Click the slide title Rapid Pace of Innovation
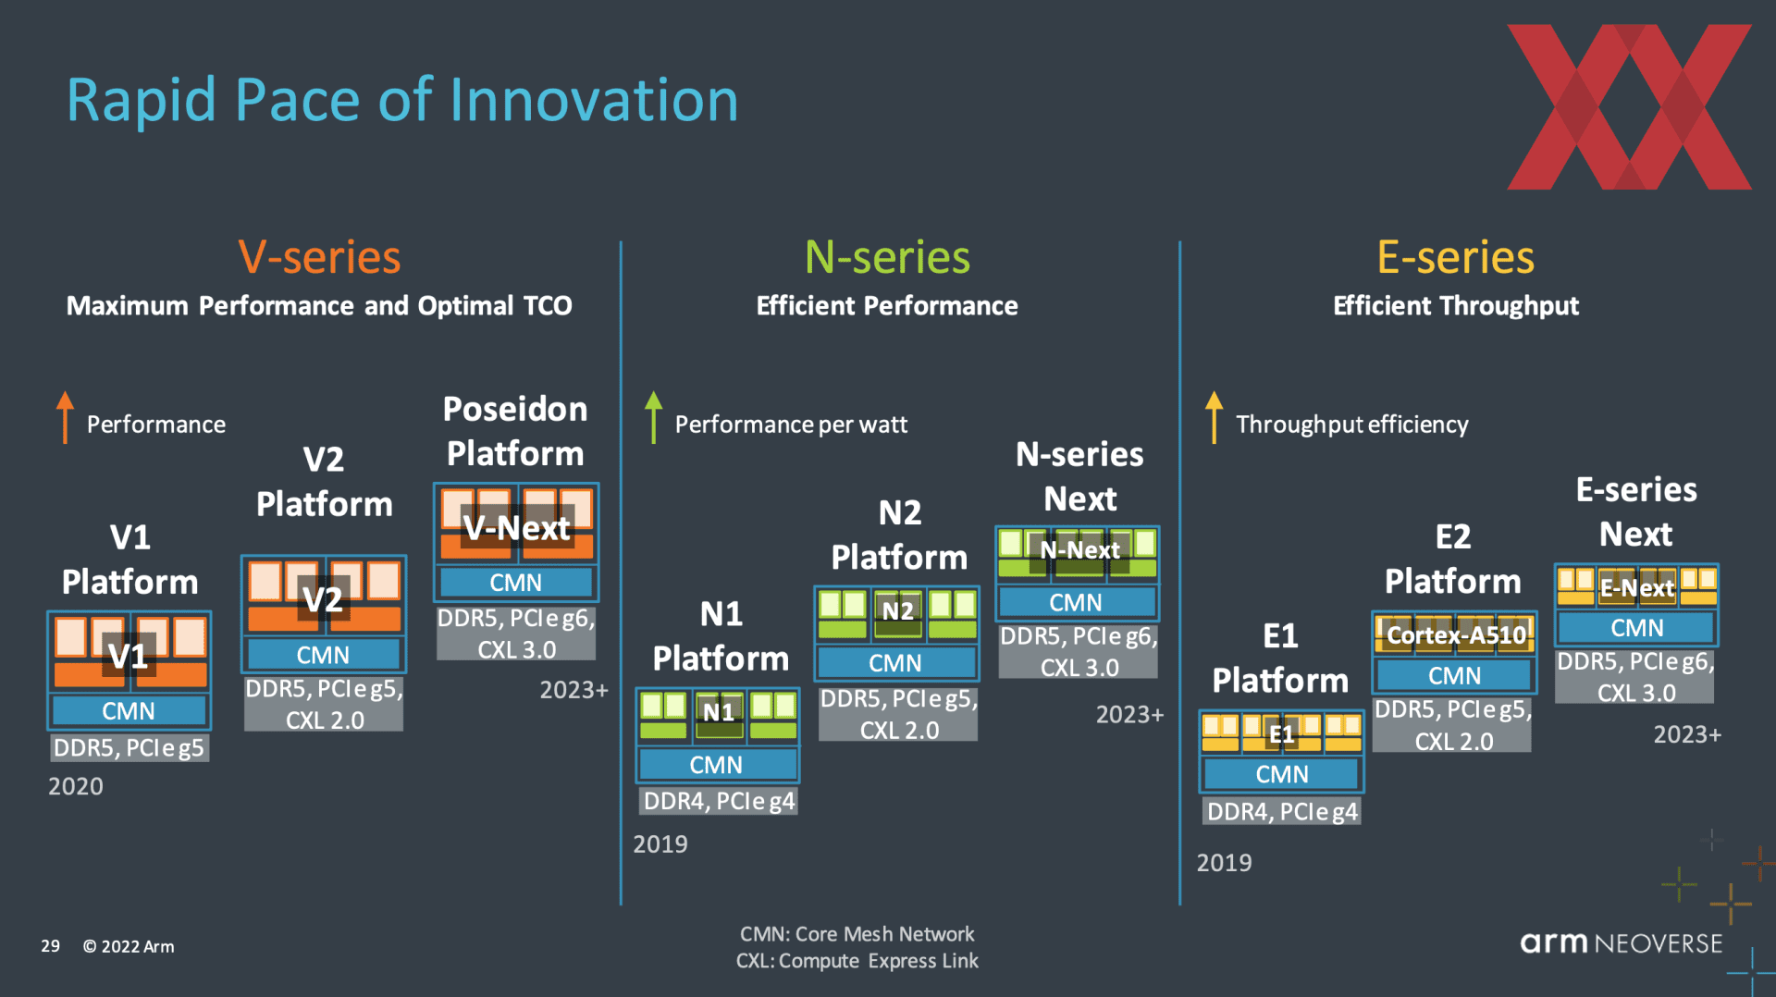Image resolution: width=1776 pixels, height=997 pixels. pyautogui.click(x=402, y=100)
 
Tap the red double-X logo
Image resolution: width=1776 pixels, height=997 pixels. pyautogui.click(x=1629, y=107)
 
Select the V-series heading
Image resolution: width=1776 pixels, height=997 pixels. pyautogui.click(x=319, y=257)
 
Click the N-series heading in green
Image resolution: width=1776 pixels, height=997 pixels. pyautogui.click(x=887, y=257)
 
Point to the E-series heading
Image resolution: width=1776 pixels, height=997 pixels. pyautogui.click(x=1455, y=257)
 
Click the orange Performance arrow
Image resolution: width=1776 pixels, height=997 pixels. pyautogui.click(x=65, y=417)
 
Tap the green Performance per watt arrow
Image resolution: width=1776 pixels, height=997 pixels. pyautogui.click(x=654, y=417)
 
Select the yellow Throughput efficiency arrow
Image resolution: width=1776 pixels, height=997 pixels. pyautogui.click(x=1215, y=417)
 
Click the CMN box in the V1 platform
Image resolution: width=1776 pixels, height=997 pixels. pyautogui.click(x=129, y=710)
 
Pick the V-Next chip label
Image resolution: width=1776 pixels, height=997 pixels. pyautogui.click(x=516, y=528)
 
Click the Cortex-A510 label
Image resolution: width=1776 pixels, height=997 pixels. pyautogui.click(x=1456, y=635)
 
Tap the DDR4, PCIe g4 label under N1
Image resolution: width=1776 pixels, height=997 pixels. pyautogui.click(x=719, y=801)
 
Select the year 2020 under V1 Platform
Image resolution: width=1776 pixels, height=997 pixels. pyautogui.click(x=76, y=786)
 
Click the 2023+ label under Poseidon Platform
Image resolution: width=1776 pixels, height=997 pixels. pyautogui.click(x=573, y=690)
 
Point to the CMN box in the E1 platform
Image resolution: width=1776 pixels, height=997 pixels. pyautogui.click(x=1282, y=774)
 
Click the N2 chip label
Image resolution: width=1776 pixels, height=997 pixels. pyautogui.click(x=897, y=610)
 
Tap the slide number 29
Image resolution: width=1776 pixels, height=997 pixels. pyautogui.click(x=50, y=946)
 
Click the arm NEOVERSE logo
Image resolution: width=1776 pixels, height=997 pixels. pyautogui.click(x=1622, y=942)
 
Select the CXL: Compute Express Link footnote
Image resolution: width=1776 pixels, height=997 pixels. pyautogui.click(x=857, y=961)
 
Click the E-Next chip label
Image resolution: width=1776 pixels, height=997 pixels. pyautogui.click(x=1637, y=587)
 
